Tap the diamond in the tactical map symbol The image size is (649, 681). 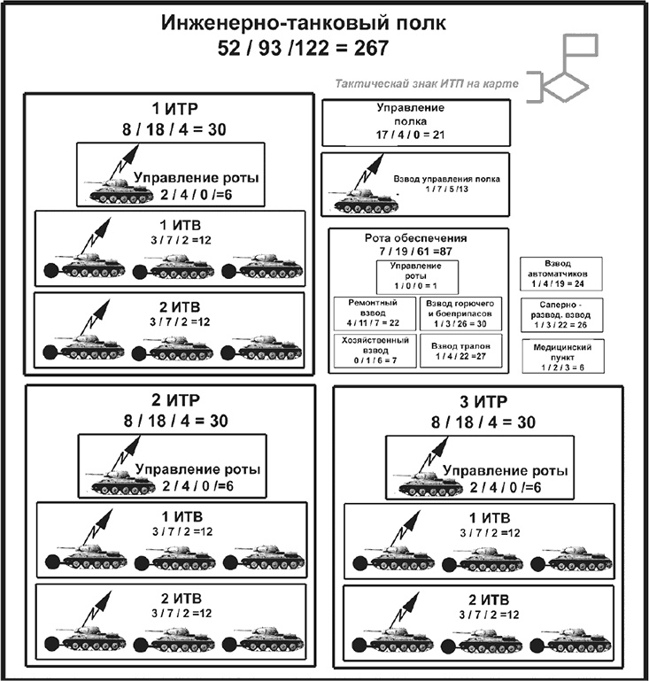pos(566,86)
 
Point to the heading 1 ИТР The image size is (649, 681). pos(168,111)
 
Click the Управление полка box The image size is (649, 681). pos(414,123)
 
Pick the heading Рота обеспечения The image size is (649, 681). pos(416,240)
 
